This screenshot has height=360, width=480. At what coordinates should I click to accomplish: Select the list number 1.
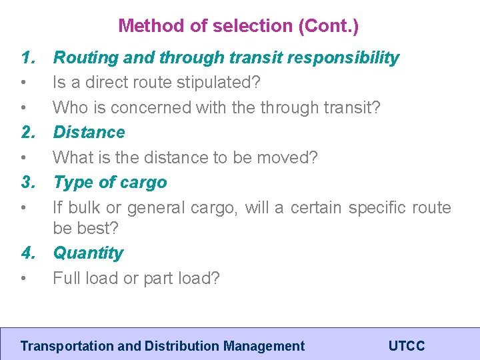pos(28,57)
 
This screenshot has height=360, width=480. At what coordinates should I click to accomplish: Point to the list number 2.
pos(28,132)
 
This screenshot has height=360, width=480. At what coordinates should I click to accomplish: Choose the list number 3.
pos(28,182)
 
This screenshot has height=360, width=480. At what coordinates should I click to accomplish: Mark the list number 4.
pos(28,253)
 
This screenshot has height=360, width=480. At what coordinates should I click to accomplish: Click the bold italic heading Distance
pos(89,132)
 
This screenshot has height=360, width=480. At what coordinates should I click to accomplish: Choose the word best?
pos(97,228)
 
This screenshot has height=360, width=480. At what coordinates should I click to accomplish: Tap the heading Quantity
pos(88,253)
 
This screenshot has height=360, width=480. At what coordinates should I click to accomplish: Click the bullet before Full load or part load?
pos(23,279)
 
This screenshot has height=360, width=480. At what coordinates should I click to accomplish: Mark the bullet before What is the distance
pos(23,158)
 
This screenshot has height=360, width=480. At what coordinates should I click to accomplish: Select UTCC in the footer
pos(406,346)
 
